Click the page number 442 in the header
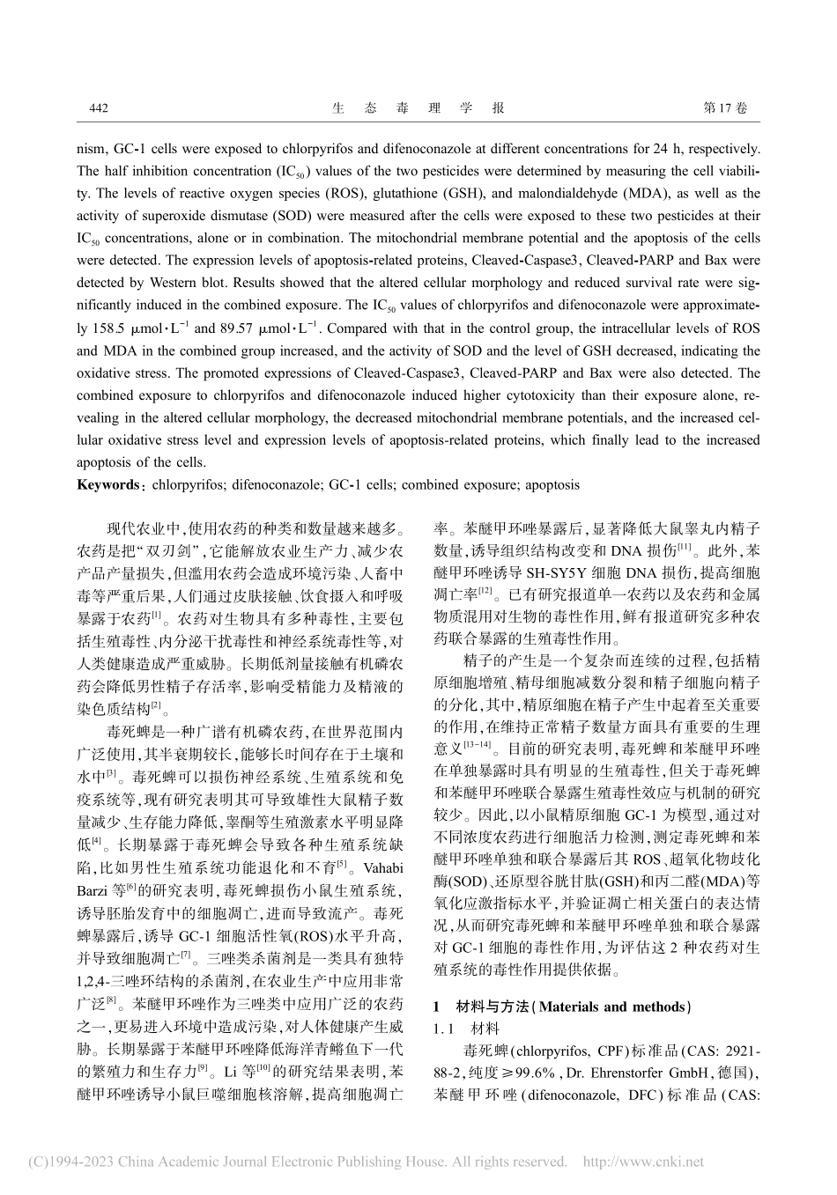(99, 108)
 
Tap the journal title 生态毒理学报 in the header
(418, 108)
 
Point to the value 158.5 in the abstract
(111, 328)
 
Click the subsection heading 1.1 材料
(465, 1028)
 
